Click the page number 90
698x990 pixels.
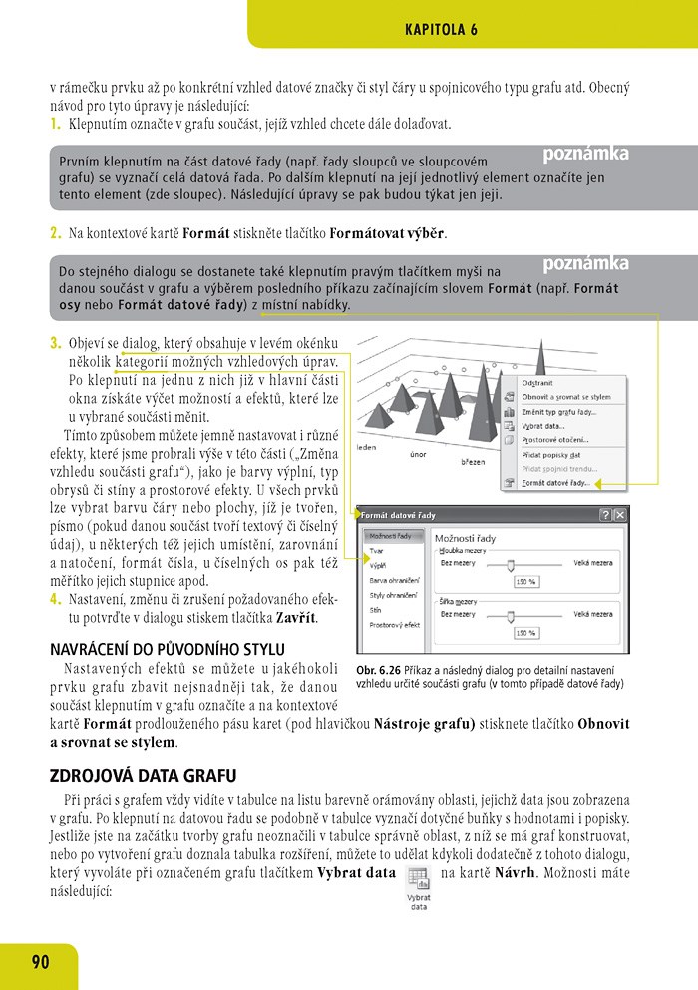(40, 962)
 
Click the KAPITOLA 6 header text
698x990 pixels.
(441, 30)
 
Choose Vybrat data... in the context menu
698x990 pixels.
(543, 425)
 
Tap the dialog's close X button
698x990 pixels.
(620, 515)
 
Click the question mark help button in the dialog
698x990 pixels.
(605, 515)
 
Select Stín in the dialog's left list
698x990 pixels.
(377, 609)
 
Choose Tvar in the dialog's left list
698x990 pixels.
(378, 549)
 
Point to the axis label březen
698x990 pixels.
(473, 462)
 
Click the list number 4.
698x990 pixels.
(55, 599)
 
